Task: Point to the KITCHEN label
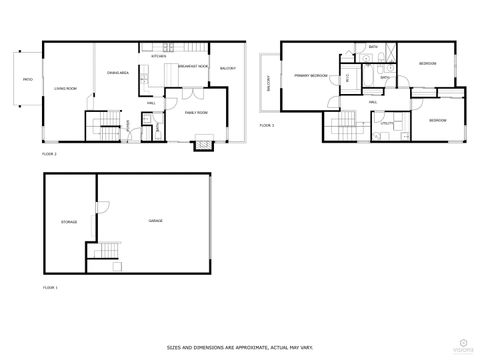click(x=158, y=57)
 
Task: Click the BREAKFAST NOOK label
click(x=192, y=66)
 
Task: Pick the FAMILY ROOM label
click(x=196, y=113)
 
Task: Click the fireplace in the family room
click(x=203, y=143)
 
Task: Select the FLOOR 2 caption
click(x=49, y=155)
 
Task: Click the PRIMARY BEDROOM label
click(x=311, y=75)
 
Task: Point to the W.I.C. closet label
click(x=348, y=77)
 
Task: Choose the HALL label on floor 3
click(x=372, y=102)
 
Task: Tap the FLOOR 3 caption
click(x=266, y=125)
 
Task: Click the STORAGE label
click(x=69, y=221)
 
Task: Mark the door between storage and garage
click(x=99, y=206)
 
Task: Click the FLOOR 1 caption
click(x=49, y=287)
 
